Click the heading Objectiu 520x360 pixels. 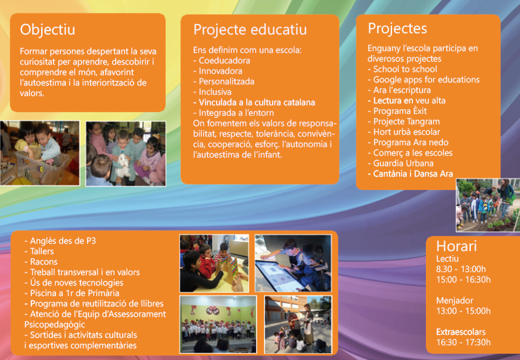47,30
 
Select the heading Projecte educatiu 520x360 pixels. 250,30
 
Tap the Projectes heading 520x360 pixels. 398,28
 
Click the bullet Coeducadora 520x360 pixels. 222,61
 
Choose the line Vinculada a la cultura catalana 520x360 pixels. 254,102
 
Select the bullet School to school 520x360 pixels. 402,70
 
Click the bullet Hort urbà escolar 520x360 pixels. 404,132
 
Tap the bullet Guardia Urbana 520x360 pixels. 400,164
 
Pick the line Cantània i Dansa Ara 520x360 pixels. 410,174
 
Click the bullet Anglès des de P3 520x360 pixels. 60,241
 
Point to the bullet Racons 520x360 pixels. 41,262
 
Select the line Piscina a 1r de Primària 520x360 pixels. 71,293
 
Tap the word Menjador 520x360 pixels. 455,301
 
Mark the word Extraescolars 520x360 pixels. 461,332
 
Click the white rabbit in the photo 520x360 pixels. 123,165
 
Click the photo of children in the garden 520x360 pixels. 487,205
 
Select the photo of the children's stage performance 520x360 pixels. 218,324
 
